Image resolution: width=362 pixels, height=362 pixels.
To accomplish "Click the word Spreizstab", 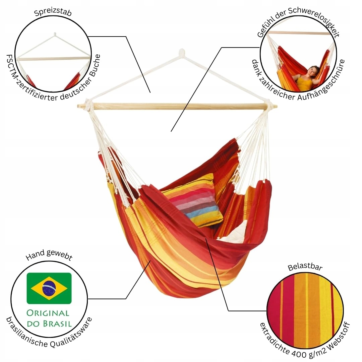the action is [53, 12].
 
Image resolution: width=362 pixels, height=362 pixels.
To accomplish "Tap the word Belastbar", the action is [305, 267].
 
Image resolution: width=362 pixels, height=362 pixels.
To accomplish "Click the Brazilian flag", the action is [49, 288].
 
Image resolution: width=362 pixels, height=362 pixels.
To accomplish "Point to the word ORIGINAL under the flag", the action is [48, 313].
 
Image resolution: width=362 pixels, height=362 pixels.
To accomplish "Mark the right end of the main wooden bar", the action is [276, 107].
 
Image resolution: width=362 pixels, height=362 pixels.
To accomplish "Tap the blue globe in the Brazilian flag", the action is [49, 288].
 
